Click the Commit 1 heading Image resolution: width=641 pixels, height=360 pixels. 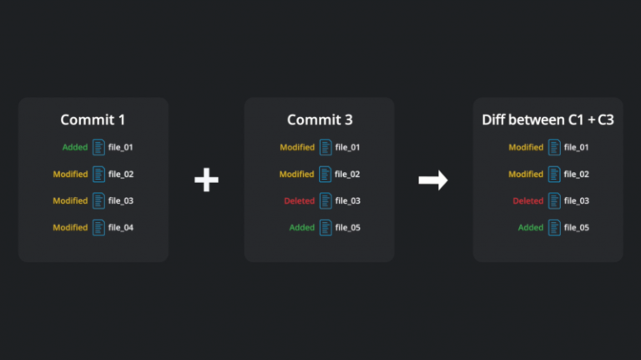click(93, 120)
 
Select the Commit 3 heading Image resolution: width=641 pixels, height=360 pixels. click(320, 120)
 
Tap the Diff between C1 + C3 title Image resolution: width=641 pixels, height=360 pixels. click(548, 120)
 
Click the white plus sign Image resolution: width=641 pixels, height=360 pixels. click(206, 180)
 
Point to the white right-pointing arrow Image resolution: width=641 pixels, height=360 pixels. click(433, 180)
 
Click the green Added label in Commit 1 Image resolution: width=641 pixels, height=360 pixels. click(75, 147)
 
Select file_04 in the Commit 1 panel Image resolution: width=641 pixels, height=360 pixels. click(120, 227)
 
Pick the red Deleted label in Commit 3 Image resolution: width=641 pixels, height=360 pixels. click(300, 200)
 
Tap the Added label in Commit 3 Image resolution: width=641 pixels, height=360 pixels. click(301, 227)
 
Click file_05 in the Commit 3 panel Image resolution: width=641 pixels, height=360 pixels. click(348, 227)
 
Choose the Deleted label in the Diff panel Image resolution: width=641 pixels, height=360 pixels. click(528, 200)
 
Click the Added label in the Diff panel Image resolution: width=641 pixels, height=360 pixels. click(531, 227)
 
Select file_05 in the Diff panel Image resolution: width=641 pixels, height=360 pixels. click(577, 227)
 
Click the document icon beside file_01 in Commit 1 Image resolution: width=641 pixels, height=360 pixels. click(98, 147)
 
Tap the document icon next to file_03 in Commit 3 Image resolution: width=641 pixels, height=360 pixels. click(326, 200)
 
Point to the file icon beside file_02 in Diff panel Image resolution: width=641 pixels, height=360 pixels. click(554, 175)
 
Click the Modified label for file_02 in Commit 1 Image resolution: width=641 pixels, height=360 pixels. click(70, 175)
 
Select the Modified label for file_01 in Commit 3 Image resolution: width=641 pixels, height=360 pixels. click(297, 147)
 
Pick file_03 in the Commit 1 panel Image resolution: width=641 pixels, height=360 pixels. click(120, 200)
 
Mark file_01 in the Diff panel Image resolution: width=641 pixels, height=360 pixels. click(577, 147)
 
